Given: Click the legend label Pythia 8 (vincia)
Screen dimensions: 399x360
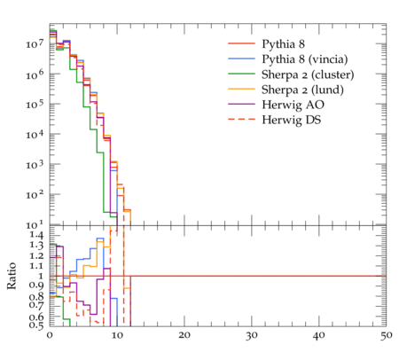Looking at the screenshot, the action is tap(305, 59).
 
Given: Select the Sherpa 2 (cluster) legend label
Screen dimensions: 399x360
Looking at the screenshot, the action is tap(308, 74).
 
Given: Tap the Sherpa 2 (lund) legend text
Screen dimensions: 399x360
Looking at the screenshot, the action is tap(302, 90).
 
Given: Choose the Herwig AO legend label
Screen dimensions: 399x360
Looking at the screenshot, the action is tap(293, 105).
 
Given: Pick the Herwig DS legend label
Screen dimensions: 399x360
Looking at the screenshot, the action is tap(292, 120).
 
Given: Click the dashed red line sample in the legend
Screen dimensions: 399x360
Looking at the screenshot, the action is tap(241, 120).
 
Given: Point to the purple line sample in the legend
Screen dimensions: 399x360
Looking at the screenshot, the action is tap(241, 104).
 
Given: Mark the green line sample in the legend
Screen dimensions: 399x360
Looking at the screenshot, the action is tap(241, 74).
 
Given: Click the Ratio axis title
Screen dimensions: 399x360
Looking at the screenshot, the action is tap(12, 276).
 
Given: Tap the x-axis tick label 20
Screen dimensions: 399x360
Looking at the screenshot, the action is tap(184, 335).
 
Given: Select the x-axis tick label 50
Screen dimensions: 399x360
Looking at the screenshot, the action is tap(386, 335).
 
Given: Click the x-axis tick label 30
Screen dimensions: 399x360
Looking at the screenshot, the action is tap(252, 335).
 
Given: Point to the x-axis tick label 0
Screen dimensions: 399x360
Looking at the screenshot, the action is tap(50, 335).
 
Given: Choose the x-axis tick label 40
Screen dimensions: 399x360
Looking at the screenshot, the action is tap(319, 335).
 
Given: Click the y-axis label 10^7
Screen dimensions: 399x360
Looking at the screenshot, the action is tap(35, 43).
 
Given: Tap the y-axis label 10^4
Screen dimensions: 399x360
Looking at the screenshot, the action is tap(35, 135).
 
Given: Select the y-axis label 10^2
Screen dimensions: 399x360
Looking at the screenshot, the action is tap(35, 195).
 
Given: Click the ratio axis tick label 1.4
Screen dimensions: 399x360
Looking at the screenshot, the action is tap(36, 235).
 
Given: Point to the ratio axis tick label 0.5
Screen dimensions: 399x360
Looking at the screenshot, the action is tap(36, 325).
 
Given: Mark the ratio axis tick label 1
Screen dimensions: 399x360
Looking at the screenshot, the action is tap(41, 276).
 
